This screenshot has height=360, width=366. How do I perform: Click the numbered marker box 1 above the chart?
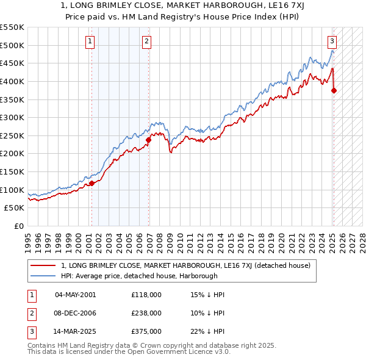90,41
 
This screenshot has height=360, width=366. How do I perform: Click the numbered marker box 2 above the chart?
147,41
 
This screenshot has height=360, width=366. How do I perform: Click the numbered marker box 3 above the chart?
332,41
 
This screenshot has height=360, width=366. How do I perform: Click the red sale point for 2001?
91,182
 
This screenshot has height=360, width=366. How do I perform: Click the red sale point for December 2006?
148,140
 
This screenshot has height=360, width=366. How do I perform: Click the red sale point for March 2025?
334,90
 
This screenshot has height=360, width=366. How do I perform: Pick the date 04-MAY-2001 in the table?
75,295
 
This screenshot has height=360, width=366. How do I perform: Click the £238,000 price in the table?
146,313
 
